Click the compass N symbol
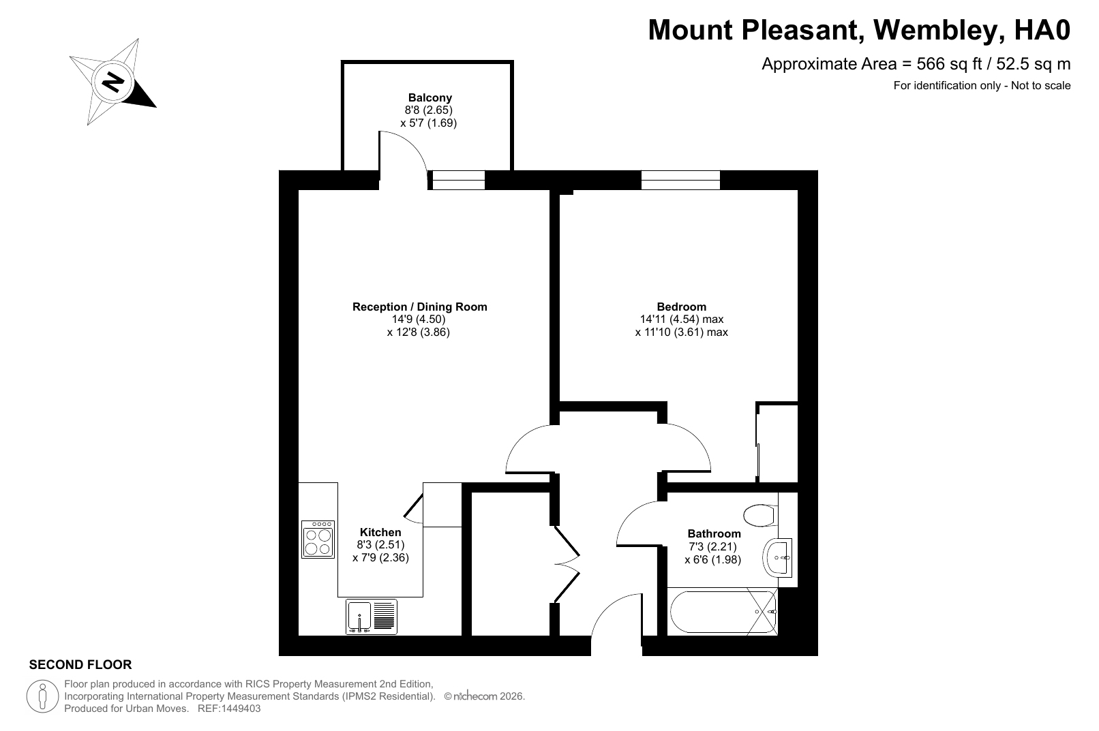[114, 82]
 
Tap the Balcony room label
[430, 97]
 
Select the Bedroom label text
[682, 307]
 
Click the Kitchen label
[380, 533]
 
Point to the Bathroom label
[714, 533]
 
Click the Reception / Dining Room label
[419, 307]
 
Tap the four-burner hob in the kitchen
[318, 540]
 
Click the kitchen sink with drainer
[372, 617]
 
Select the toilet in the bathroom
[760, 515]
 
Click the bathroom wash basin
[778, 557]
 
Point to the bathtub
[722, 612]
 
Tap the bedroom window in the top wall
[680, 180]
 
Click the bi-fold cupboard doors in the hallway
[567, 564]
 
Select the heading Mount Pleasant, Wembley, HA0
[859, 30]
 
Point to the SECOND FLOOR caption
[80, 665]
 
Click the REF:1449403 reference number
[228, 709]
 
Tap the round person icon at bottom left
[43, 696]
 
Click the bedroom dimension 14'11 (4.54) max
[682, 320]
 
